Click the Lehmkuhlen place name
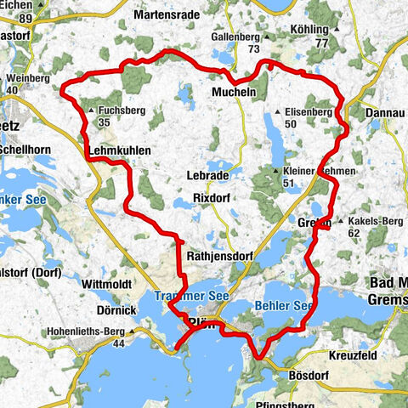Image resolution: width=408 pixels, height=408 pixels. click(x=120, y=150)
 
